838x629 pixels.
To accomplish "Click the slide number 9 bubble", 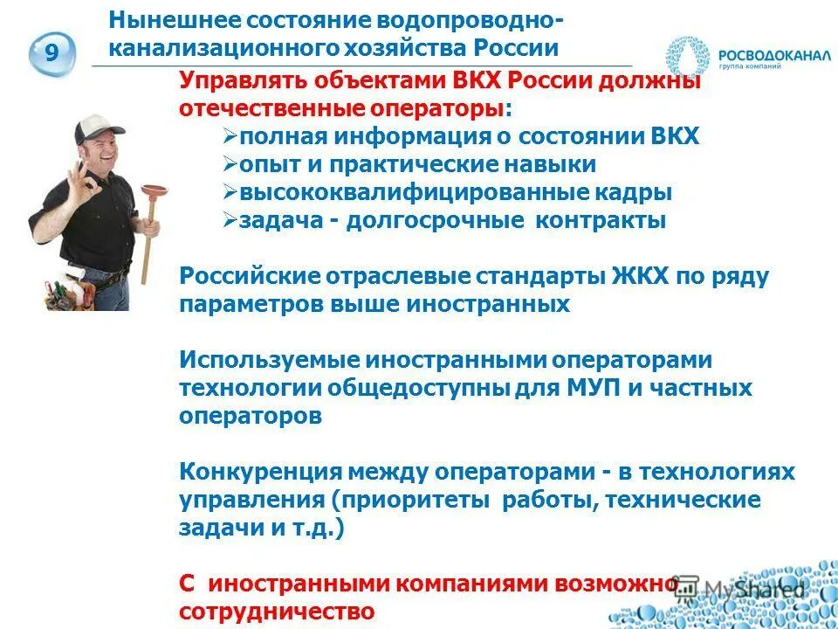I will (52, 53).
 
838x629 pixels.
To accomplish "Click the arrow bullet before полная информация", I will (231, 137).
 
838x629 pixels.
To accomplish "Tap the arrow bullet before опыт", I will (231, 164).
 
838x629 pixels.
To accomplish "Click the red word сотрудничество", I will (278, 611).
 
